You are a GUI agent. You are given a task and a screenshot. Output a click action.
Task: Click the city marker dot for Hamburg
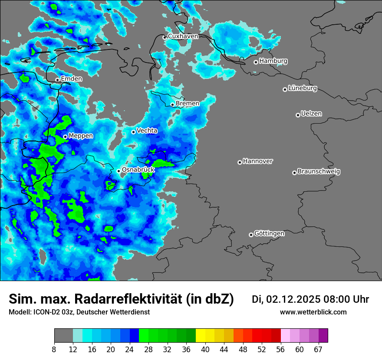[256, 62]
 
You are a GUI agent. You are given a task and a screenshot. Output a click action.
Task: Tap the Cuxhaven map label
[183, 36]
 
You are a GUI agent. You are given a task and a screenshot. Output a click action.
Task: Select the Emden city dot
[57, 80]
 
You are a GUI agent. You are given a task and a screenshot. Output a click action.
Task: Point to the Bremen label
[188, 104]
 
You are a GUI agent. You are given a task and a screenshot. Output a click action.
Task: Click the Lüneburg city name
[303, 88]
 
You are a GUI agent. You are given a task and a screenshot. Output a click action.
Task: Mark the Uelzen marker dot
[298, 115]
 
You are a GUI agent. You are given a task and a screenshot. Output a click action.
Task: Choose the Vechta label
[147, 131]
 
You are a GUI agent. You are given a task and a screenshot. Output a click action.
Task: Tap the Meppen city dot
[65, 137]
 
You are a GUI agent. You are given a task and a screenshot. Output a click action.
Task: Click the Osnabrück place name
[138, 170]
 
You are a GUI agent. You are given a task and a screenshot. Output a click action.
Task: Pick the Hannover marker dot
[240, 162]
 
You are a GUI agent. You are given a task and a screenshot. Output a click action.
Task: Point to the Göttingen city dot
[251, 235]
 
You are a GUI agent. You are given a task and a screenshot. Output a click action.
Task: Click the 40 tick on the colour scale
[205, 350]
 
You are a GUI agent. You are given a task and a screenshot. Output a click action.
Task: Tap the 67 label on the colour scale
[318, 350]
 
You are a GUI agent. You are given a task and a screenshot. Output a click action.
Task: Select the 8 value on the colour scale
[54, 350]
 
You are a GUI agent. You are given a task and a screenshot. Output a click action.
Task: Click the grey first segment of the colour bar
[63, 336]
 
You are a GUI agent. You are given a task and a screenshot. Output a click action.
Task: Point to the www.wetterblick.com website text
[313, 312]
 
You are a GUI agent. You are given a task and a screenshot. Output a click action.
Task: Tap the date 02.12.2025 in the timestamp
[293, 299]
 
